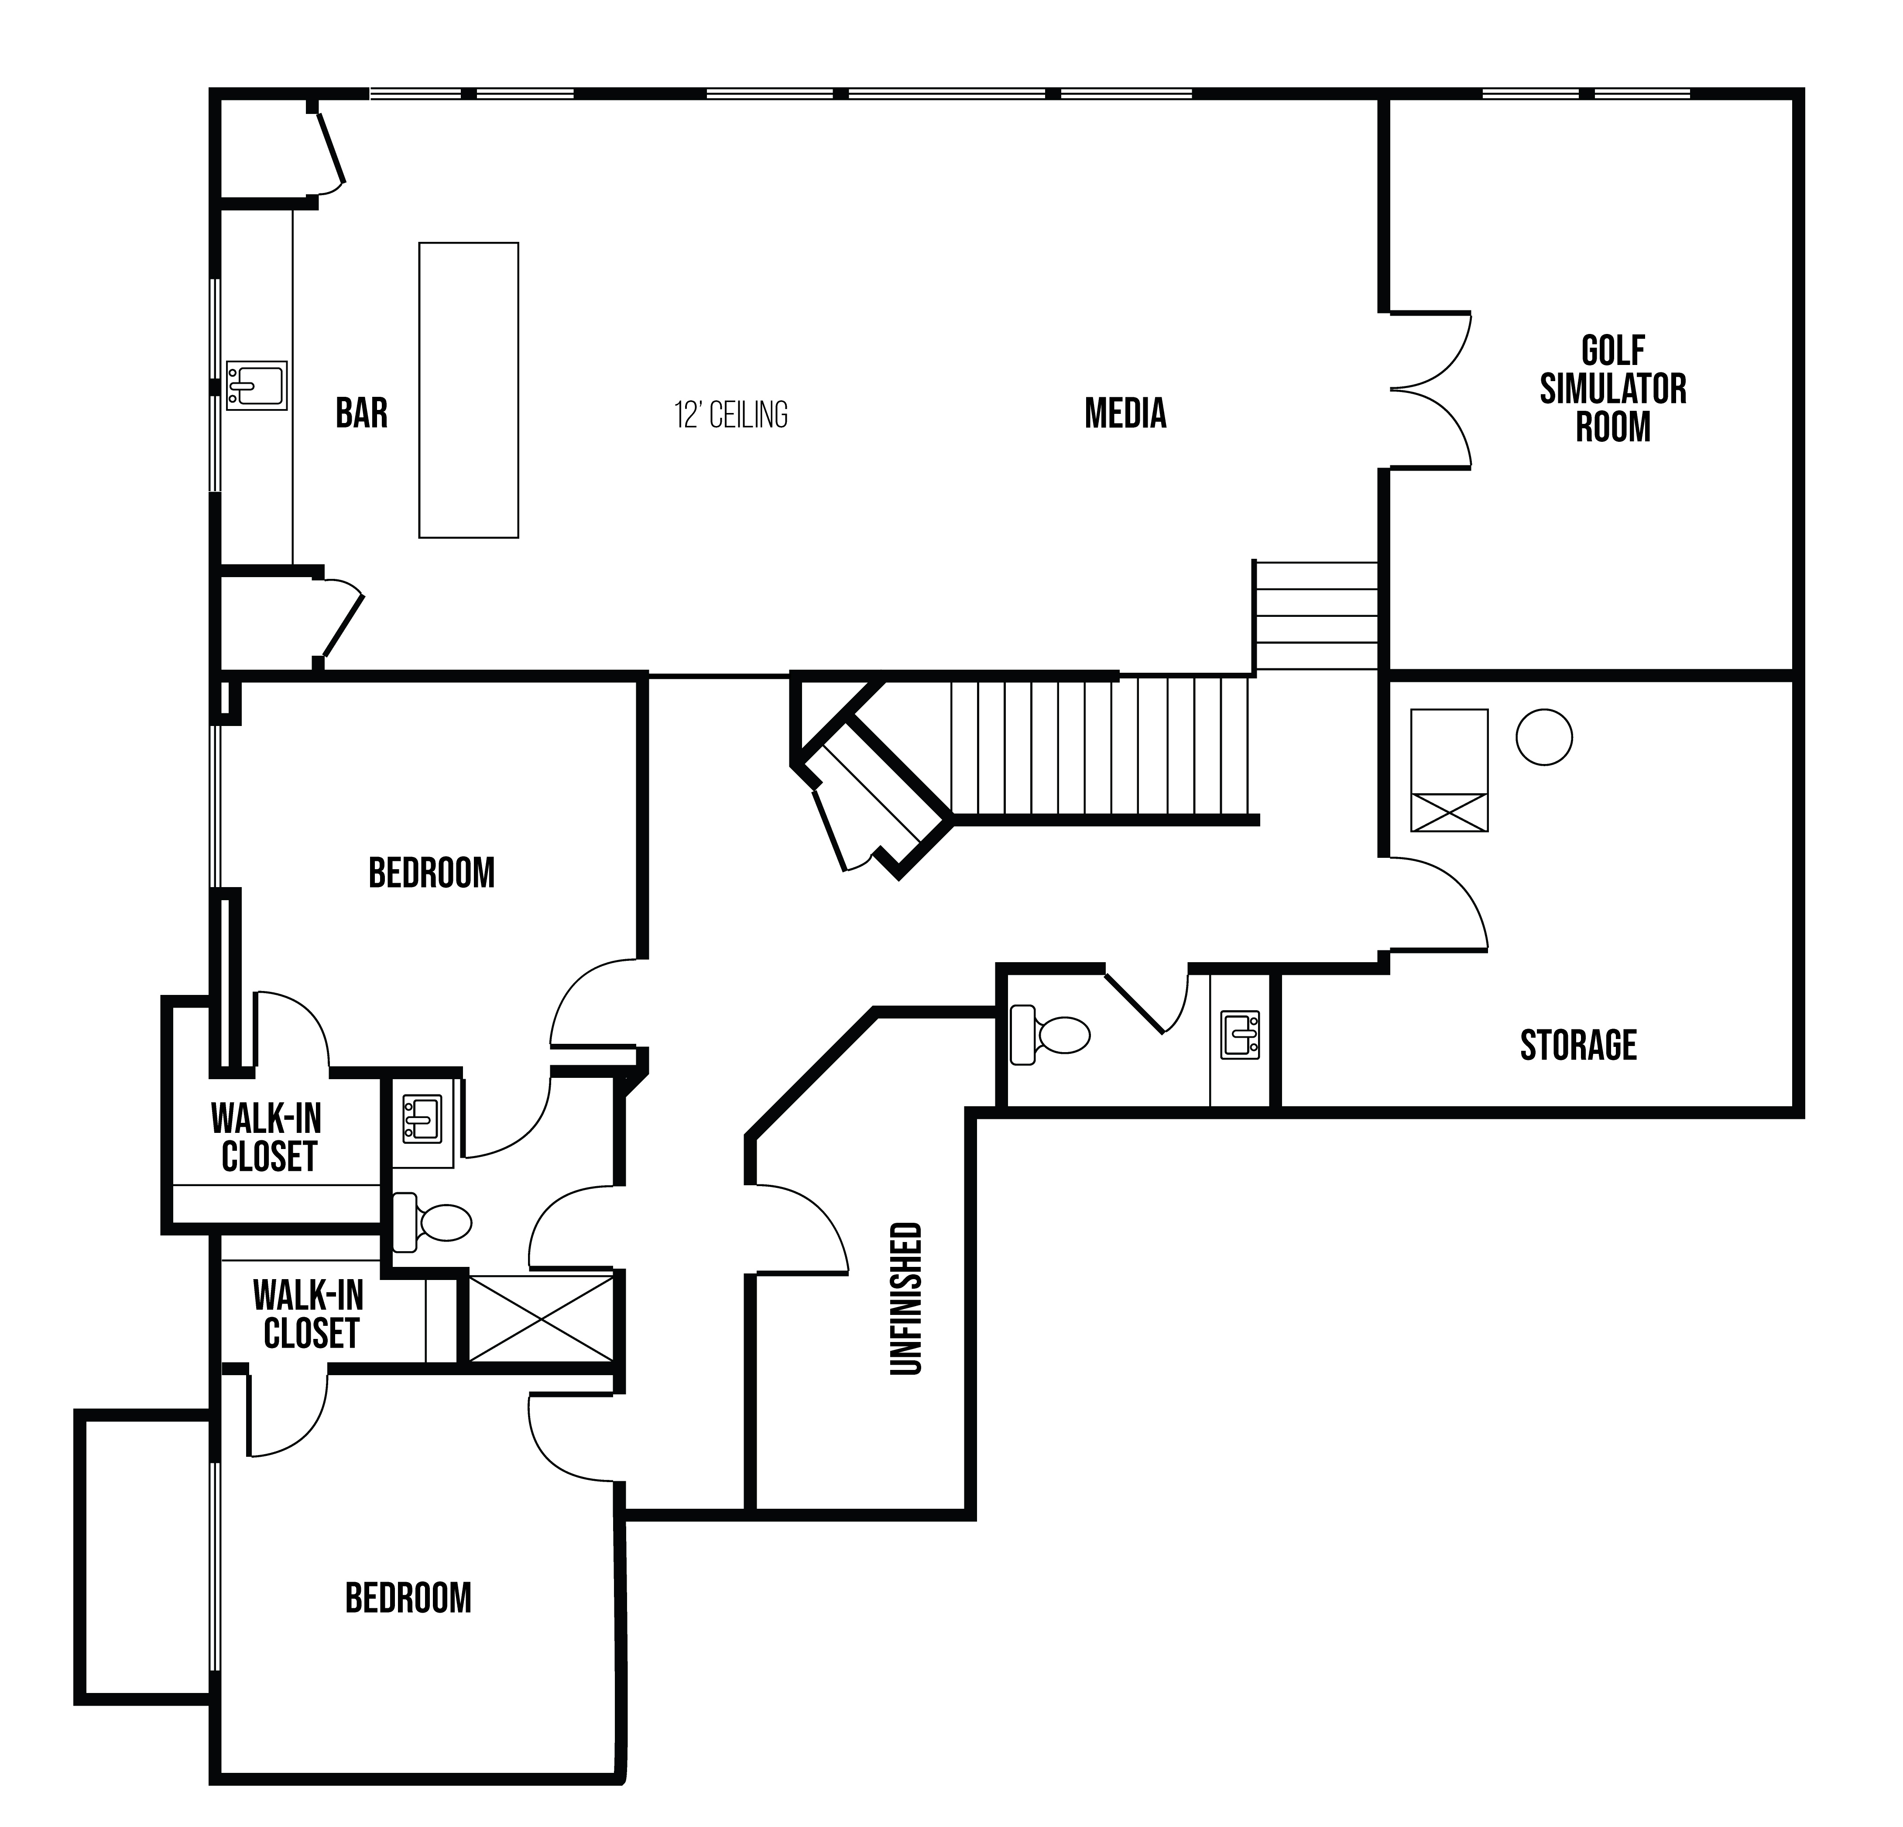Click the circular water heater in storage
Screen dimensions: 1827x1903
coord(1544,737)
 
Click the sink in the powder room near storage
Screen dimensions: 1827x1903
coord(1240,1036)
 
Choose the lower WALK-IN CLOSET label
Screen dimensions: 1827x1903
coord(309,1314)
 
